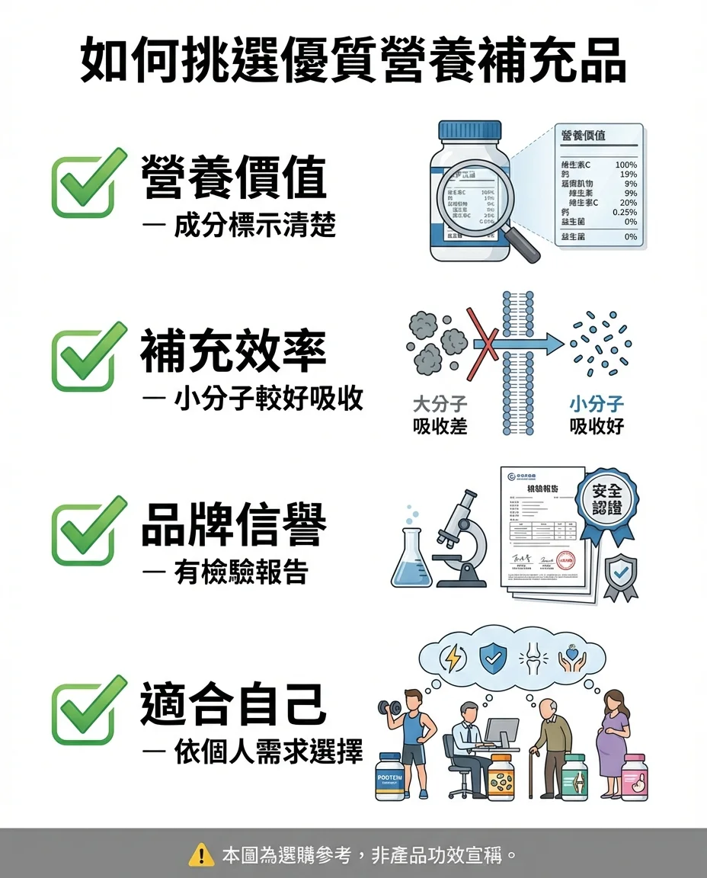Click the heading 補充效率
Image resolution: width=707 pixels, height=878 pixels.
point(233,352)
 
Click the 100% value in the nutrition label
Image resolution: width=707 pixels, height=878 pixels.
point(625,165)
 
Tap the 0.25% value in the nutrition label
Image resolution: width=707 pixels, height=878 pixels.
point(624,212)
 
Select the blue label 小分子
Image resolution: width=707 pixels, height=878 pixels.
point(597,404)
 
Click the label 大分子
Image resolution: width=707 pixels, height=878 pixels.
point(440,404)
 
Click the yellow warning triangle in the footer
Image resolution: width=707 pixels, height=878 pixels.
point(200,855)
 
